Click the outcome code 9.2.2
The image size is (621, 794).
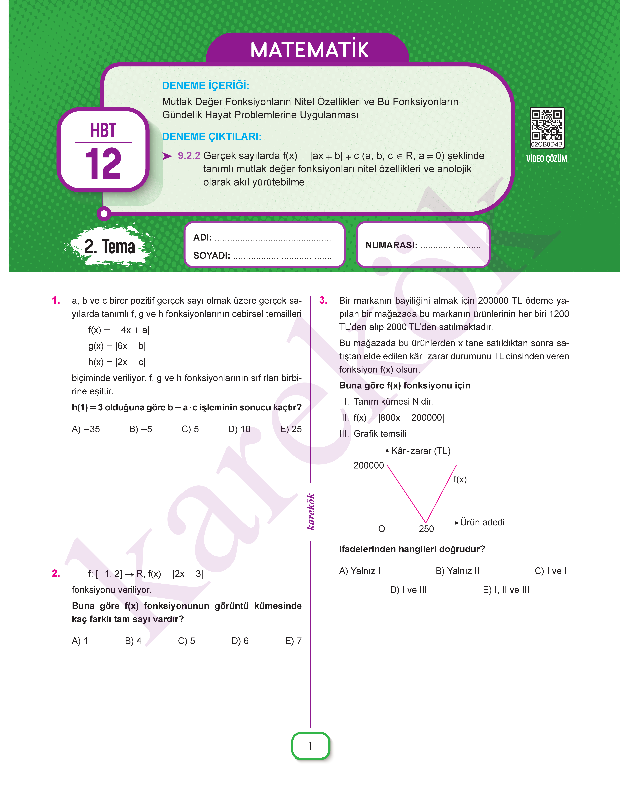[x=189, y=156]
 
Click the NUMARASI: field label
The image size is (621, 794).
[x=391, y=245]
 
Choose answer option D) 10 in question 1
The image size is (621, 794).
[x=239, y=429]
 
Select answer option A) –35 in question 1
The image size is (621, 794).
[x=86, y=429]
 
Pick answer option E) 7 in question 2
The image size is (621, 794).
[x=293, y=641]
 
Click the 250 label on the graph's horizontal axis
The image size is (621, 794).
[x=426, y=529]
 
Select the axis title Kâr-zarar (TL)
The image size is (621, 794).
[x=421, y=451]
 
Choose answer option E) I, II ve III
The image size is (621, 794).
[x=506, y=590]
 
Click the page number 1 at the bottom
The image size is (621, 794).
[x=310, y=746]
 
